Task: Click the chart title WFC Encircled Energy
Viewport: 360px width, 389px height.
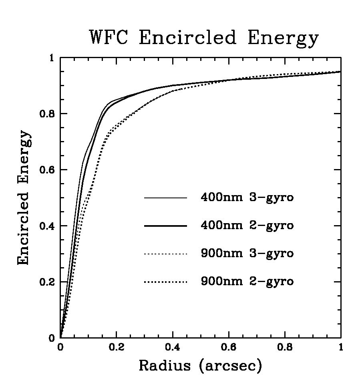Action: [x=204, y=38]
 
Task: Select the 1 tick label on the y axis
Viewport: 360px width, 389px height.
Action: [x=51, y=58]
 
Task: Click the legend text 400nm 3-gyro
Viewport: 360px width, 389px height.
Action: [x=247, y=198]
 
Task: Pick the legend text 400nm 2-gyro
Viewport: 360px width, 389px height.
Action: [x=247, y=226]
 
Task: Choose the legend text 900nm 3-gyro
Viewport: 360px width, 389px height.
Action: [x=247, y=254]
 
